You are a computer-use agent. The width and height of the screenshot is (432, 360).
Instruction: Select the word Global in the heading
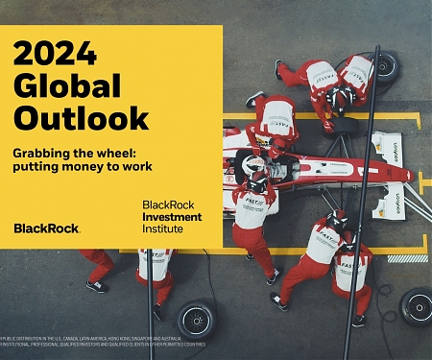68,84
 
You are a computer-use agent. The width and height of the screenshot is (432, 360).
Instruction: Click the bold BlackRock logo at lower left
46,228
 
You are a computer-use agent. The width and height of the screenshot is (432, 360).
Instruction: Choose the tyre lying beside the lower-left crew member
198,318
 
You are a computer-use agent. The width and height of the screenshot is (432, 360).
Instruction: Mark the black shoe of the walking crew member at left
95,285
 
